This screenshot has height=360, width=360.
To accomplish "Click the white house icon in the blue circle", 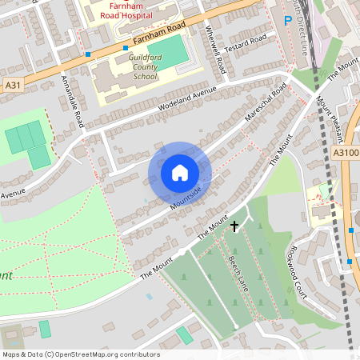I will (x=180, y=172).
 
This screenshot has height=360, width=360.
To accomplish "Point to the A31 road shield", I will (x=11, y=84).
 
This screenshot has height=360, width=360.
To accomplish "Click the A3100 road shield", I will (x=346, y=152).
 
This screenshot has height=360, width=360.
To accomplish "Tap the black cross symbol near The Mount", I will (x=234, y=226).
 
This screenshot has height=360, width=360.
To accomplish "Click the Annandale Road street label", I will (x=73, y=101).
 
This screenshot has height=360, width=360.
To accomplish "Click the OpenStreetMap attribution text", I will (x=80, y=354).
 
